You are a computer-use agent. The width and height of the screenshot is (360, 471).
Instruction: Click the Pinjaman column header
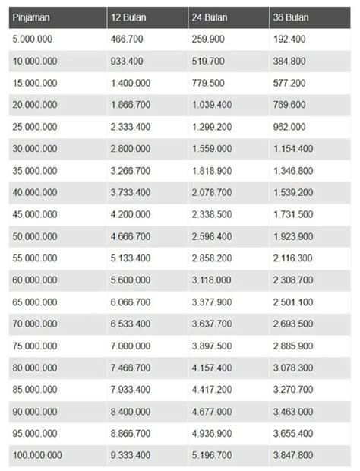coord(31,17)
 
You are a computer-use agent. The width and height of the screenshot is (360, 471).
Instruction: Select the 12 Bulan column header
coord(129,17)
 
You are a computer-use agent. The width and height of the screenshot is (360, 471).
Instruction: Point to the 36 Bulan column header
coord(292,17)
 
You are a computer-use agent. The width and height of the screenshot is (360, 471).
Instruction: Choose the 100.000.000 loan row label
coord(38,455)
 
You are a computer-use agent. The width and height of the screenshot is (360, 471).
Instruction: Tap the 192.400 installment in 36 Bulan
coord(289,37)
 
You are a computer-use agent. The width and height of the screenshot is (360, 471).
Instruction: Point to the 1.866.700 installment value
coord(131,103)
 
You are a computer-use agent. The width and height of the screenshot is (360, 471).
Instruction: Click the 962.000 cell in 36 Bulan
coord(289,125)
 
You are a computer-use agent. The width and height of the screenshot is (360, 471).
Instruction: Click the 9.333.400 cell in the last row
coord(131,455)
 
